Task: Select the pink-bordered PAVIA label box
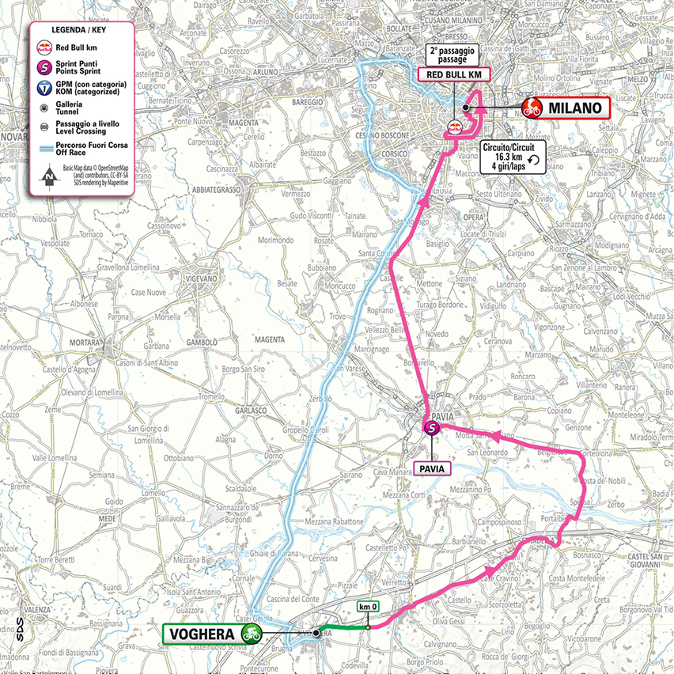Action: tap(432, 468)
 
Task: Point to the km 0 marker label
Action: tap(368, 607)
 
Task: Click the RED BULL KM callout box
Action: tap(454, 74)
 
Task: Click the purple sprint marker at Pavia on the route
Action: tap(432, 428)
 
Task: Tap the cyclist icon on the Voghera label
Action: tap(252, 633)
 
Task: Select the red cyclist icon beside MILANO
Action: tap(532, 108)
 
